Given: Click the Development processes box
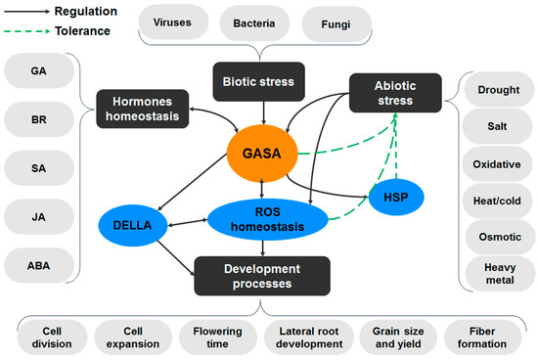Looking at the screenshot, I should pyautogui.click(x=260, y=275).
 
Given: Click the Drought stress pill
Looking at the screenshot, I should pyautogui.click(x=499, y=90).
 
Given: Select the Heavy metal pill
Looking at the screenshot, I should pyautogui.click(x=499, y=275).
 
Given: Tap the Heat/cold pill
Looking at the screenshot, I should pyautogui.click(x=499, y=201).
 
